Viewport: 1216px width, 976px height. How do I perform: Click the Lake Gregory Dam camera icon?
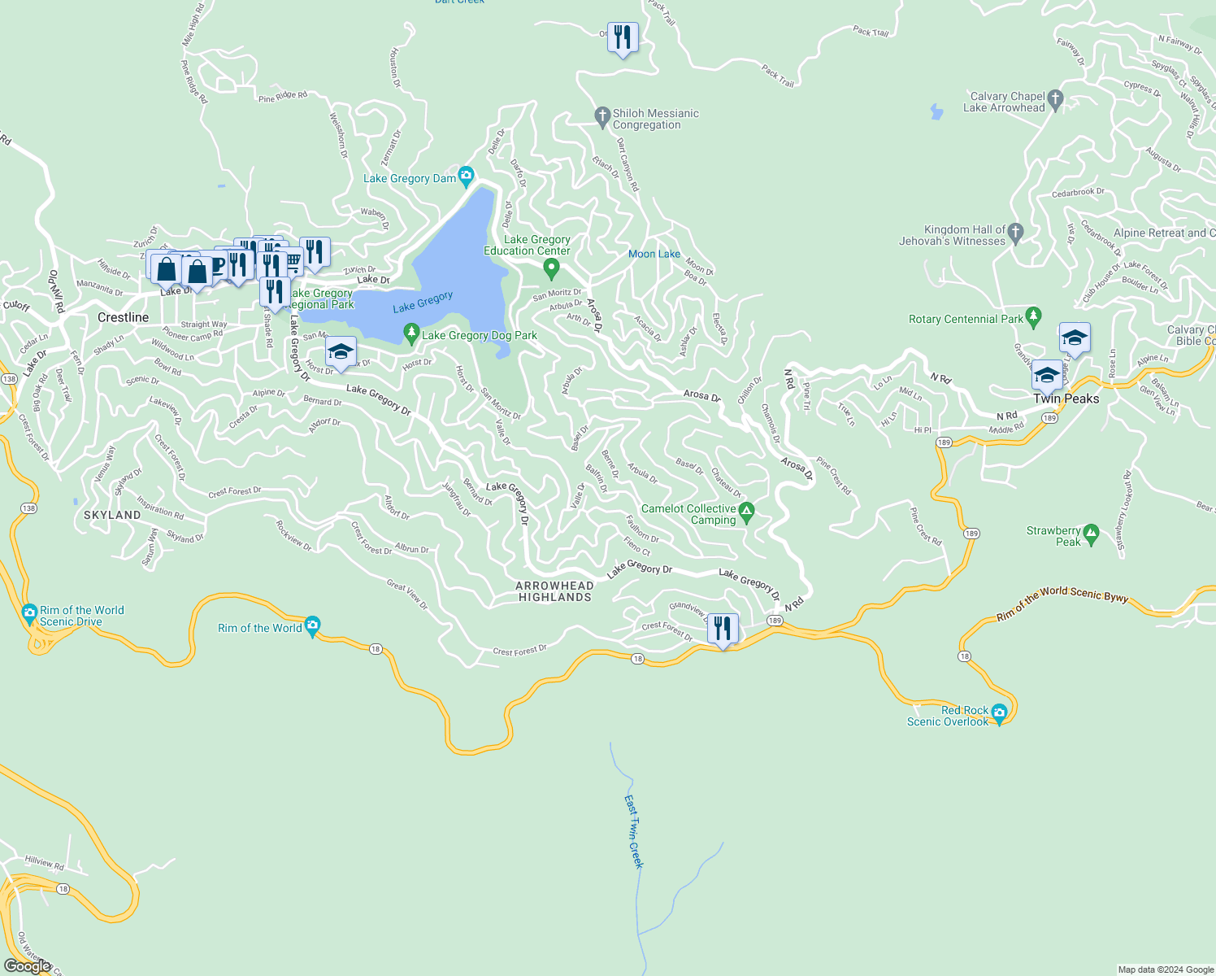point(466,176)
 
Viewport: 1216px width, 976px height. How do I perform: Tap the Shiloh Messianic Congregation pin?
point(602,117)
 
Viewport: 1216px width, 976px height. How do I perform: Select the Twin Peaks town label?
point(1066,399)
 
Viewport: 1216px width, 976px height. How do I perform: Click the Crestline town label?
point(124,317)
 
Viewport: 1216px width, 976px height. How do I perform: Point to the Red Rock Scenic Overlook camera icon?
point(999,713)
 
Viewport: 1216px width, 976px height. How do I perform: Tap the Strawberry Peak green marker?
point(1092,534)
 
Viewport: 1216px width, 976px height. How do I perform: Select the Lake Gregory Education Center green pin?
point(551,268)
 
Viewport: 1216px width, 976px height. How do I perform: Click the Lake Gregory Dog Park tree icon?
point(411,333)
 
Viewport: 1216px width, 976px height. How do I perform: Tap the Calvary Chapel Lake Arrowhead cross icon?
point(1055,100)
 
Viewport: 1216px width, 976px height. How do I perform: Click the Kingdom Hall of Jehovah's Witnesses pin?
point(1014,233)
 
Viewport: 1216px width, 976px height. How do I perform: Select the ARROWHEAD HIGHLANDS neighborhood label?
point(554,591)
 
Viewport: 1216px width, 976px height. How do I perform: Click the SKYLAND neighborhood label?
point(112,515)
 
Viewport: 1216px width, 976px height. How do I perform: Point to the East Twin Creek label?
point(633,831)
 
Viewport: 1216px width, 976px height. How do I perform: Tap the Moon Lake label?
point(654,254)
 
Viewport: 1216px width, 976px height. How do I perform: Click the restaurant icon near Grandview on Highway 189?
point(723,629)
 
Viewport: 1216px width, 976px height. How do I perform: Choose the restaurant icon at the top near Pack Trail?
point(623,37)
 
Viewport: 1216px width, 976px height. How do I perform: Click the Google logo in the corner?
point(28,965)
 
